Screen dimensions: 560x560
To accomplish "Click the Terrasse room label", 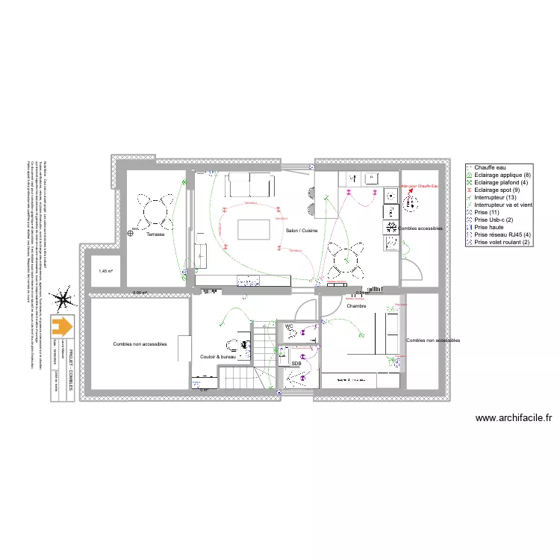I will point(155,234).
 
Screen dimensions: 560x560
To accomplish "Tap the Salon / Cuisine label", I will point(302,231).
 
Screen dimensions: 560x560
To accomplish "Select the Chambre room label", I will point(356,305).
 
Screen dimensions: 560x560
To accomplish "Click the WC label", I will point(289,326).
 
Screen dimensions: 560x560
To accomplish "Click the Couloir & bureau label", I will point(218,357).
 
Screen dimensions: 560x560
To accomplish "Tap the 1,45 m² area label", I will point(105,271).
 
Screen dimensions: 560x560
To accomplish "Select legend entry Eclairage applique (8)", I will point(500,175).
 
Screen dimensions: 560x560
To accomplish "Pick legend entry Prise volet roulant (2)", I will point(502,243).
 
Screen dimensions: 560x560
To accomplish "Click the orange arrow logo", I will point(63,326).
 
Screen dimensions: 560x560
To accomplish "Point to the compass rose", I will point(64,300).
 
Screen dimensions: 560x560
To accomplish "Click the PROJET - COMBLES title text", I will point(71,363).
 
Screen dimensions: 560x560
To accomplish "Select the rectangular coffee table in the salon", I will point(252,229).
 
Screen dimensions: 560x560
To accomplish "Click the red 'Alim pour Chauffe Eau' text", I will point(421,186).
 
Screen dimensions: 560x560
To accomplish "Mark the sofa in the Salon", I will point(250,184).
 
